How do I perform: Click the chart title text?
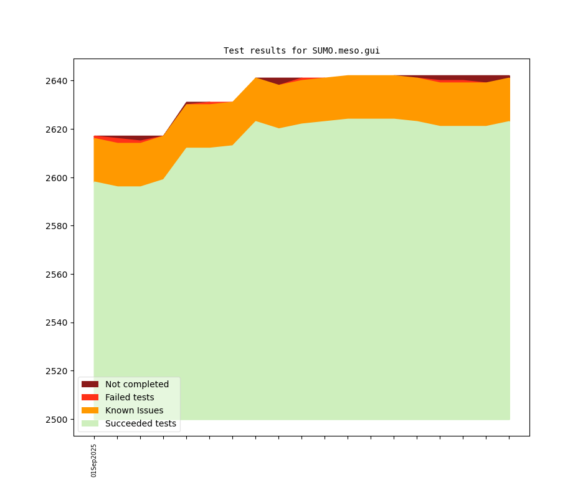[x=301, y=50]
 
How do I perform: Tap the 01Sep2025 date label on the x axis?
[x=94, y=460]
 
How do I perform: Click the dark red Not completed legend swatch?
[x=90, y=384]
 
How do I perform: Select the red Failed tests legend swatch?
[x=90, y=397]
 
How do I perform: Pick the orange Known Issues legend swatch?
[x=90, y=410]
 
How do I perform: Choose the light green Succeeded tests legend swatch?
[x=90, y=423]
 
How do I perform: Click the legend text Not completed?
[x=137, y=384]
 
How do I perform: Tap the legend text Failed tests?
[x=130, y=397]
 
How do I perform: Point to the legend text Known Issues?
[x=134, y=410]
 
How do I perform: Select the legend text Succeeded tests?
[x=141, y=423]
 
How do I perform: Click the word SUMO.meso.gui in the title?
[x=346, y=50]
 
